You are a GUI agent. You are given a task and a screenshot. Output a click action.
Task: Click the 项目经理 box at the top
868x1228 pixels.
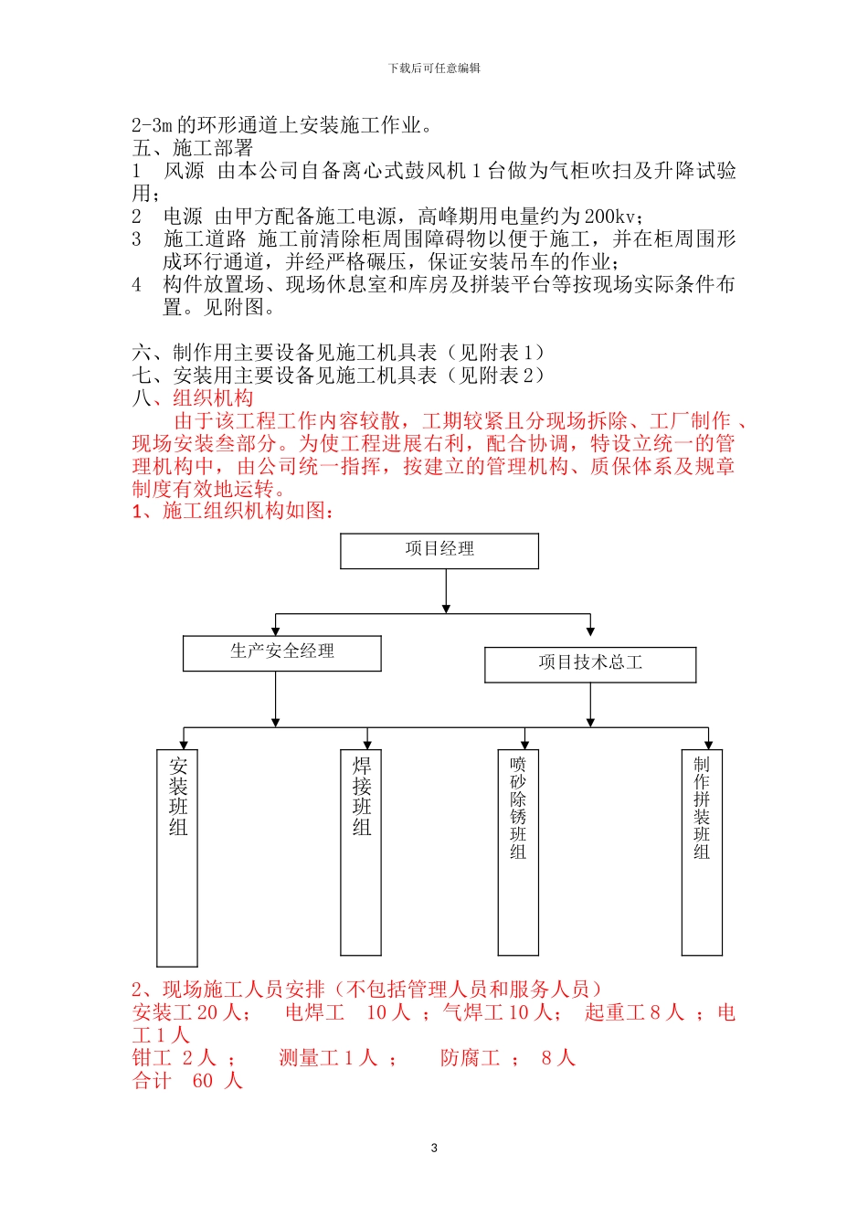click(x=439, y=551)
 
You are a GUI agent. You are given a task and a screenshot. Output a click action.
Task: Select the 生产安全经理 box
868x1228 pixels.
click(x=282, y=653)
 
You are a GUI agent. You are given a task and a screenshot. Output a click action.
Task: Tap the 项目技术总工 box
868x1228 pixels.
click(x=590, y=664)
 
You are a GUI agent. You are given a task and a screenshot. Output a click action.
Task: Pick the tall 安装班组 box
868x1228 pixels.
click(x=177, y=858)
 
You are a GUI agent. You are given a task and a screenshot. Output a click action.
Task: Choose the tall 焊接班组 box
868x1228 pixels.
click(x=361, y=852)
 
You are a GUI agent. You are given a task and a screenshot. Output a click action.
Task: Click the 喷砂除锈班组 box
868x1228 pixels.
click(x=518, y=852)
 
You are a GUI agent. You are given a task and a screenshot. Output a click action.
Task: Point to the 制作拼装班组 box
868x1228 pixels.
click(x=702, y=852)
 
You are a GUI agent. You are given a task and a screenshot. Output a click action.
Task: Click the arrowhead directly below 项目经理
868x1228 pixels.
click(x=446, y=608)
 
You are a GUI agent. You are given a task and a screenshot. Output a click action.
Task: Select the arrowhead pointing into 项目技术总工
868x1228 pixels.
click(x=590, y=630)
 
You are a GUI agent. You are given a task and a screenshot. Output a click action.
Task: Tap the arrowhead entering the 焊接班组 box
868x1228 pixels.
click(x=367, y=745)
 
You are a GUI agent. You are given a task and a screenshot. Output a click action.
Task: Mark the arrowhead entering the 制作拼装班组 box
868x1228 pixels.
click(x=708, y=745)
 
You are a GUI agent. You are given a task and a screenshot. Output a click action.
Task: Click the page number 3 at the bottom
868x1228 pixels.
click(x=434, y=1148)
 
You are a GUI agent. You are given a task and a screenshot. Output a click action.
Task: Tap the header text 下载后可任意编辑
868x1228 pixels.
click(x=434, y=69)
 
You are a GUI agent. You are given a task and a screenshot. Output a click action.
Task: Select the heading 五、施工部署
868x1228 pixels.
click(x=193, y=148)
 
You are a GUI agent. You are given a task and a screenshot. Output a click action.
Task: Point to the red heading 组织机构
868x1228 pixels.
click(x=213, y=398)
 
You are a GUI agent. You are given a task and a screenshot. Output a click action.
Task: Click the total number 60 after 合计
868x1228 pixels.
click(x=203, y=1081)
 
